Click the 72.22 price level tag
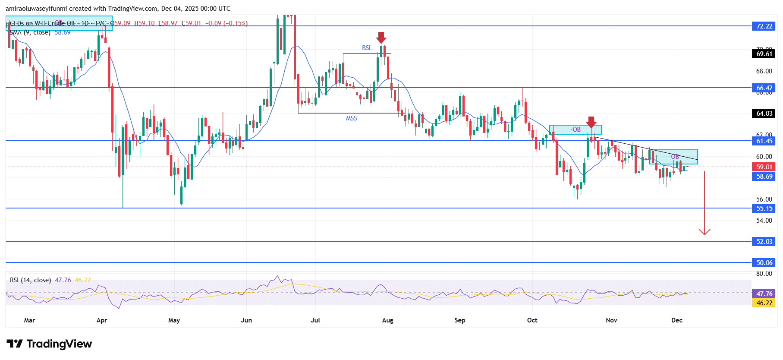(764, 26)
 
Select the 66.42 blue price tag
(764, 88)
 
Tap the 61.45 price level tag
(764, 141)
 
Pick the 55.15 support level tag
(764, 208)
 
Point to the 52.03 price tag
(764, 242)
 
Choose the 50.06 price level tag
(764, 263)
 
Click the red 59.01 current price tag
(764, 167)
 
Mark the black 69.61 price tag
(764, 54)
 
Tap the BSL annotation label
(367, 48)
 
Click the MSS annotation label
(351, 118)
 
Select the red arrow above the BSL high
(381, 38)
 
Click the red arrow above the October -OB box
(591, 122)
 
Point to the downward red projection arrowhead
(704, 232)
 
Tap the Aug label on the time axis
(387, 320)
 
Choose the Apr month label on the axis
(102, 320)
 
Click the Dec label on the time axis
(677, 320)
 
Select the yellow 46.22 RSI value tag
(764, 303)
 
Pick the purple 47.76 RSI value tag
(764, 294)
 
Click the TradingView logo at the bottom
(49, 344)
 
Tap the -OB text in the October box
(575, 129)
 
